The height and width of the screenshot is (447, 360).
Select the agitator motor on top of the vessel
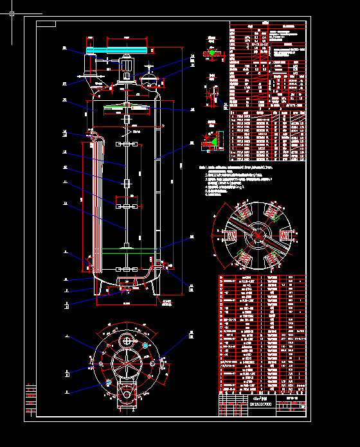127,67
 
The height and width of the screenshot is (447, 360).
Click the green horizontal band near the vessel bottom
125,252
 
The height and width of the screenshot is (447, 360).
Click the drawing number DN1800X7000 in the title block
261,404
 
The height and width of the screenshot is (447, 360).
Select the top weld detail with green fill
212,53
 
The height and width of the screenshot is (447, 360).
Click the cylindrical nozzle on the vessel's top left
89,66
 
